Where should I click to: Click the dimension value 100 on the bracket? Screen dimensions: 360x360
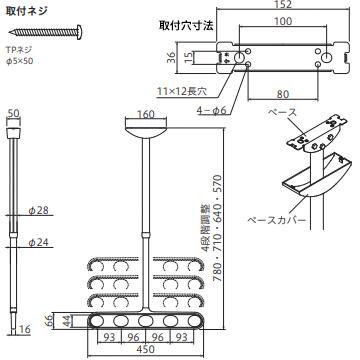(x=284, y=22)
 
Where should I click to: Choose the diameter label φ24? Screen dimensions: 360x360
(x=36, y=243)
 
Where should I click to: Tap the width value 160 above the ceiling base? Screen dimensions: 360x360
(x=146, y=114)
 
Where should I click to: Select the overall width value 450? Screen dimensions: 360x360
(x=146, y=350)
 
